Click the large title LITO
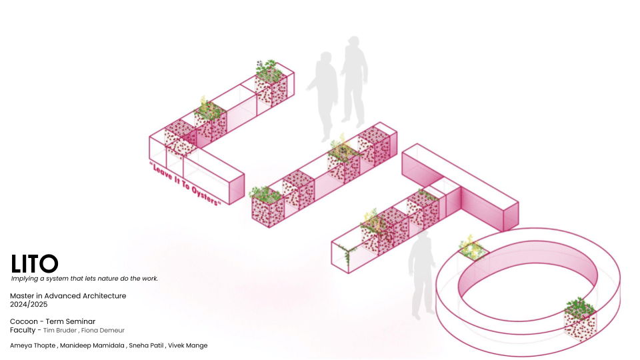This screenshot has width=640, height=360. [x=34, y=264]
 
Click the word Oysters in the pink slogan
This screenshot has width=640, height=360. [x=205, y=196]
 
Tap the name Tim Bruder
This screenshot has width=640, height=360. [x=60, y=330]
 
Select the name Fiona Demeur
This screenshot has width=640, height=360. [x=103, y=330]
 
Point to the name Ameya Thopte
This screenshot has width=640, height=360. [x=33, y=345]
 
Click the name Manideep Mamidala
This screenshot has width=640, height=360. [x=92, y=345]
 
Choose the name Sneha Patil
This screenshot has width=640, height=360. [x=146, y=345]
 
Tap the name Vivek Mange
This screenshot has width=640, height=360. [x=188, y=345]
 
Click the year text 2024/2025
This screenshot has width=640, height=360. [x=29, y=305]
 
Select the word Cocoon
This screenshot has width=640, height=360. [x=24, y=321]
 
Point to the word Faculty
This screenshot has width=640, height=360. [x=23, y=330]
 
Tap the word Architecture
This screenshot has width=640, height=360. [x=104, y=296]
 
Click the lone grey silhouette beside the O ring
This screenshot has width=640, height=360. [x=421, y=274]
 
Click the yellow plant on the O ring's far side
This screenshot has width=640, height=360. [x=472, y=247]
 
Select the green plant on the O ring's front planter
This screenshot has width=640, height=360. [x=579, y=307]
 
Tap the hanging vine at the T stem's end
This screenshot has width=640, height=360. [x=346, y=254]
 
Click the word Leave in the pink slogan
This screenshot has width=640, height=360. [x=163, y=172]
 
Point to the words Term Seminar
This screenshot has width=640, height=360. [x=70, y=321]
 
